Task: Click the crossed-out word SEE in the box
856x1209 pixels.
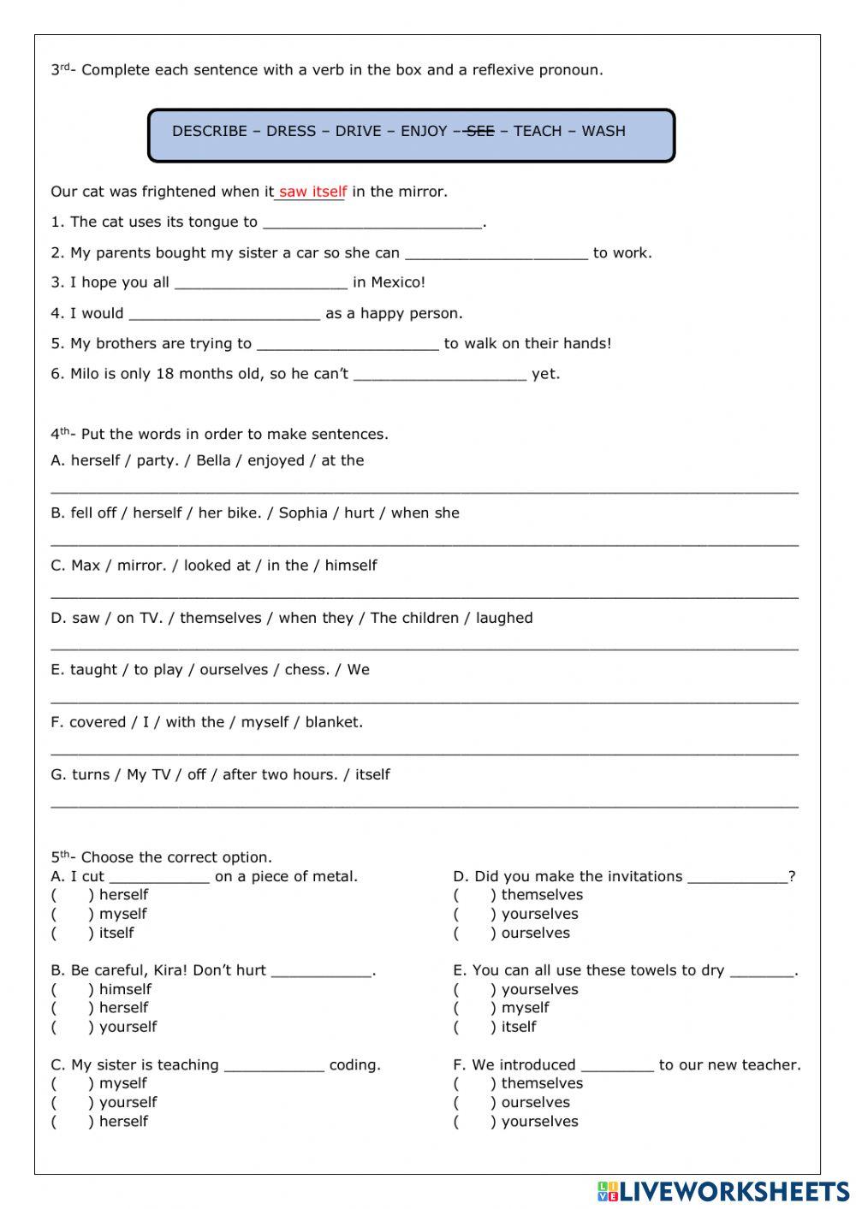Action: click(x=480, y=131)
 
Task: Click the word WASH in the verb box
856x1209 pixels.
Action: click(x=603, y=131)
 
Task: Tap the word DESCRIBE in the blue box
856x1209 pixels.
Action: click(x=210, y=131)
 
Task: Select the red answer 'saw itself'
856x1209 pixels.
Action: click(x=312, y=192)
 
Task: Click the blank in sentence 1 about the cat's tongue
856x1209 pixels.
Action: click(x=373, y=223)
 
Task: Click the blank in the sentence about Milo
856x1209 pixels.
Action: click(x=439, y=375)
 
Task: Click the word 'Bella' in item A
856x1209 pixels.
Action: click(x=213, y=460)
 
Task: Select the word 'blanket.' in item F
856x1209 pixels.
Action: click(x=334, y=722)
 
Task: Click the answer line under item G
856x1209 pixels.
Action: click(x=425, y=804)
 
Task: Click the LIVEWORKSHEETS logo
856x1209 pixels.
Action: click(x=723, y=1191)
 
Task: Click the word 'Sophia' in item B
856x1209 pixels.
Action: click(x=303, y=513)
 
